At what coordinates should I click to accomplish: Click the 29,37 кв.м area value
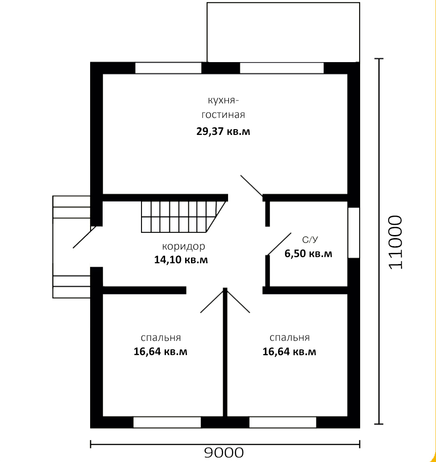coord(223,131)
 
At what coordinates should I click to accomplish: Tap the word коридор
coord(183,246)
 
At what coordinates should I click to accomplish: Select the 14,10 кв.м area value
coord(181,260)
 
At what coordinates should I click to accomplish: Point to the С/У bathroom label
coord(310,240)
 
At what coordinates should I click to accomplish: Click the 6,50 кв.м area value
coord(308,253)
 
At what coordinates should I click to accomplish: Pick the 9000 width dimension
coord(224,453)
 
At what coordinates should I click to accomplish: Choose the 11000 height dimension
coord(395,242)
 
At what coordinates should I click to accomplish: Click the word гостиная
coord(223,115)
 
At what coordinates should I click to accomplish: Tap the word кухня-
coord(223,101)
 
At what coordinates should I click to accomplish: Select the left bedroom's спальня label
coord(161,338)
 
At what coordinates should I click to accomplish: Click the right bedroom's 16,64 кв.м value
coord(289,352)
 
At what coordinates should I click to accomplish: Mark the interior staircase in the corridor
coord(183,217)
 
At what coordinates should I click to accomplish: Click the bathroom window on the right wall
coord(353,233)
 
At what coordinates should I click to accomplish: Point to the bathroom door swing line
coord(279,244)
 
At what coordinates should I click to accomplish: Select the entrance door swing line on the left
coord(84,237)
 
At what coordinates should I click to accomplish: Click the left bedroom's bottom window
coord(167,422)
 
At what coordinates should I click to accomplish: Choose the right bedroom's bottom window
coord(283,422)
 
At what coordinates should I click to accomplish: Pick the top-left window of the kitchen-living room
coord(168,68)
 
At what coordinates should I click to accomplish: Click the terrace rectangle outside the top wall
coord(283,33)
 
